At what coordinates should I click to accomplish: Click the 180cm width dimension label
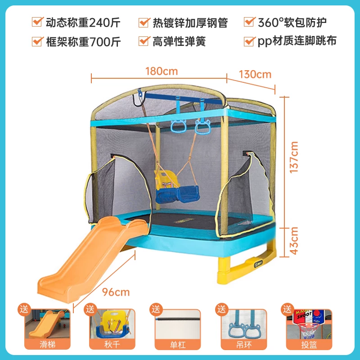coord(162,71)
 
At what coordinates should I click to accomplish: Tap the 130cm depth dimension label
coord(255,74)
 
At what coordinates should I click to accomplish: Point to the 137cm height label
coord(294,157)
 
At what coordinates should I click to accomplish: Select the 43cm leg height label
coord(294,241)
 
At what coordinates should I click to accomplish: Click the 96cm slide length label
coord(116,292)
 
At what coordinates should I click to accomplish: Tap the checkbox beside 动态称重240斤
coord(37,22)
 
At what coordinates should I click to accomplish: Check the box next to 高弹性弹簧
coord(144,41)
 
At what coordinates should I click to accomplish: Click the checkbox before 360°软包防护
coord(250,22)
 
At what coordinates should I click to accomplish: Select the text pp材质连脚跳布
coord(297,41)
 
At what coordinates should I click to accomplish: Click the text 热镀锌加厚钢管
coord(190,22)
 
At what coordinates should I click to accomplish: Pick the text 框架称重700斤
coord(83,42)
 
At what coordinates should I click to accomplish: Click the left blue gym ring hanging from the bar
coord(178,126)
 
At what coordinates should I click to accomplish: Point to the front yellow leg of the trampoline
coord(224,270)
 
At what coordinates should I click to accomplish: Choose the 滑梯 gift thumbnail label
coord(48,344)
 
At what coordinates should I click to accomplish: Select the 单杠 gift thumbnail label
coord(178,344)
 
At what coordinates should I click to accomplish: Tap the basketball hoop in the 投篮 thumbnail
coord(308,329)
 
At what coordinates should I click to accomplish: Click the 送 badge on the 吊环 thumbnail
coord(222,309)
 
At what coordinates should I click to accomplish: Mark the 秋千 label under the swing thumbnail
coord(112,344)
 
